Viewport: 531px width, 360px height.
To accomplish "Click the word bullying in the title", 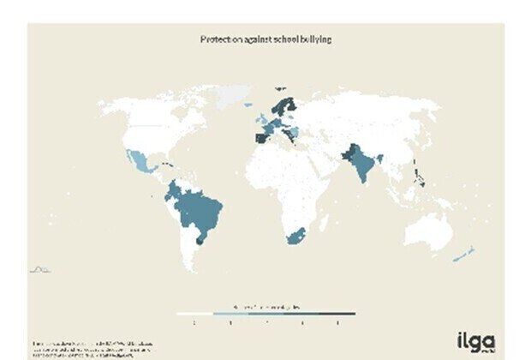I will [313, 39].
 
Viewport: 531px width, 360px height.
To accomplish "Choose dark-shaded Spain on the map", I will [260, 135].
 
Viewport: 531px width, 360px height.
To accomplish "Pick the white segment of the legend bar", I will [194, 314].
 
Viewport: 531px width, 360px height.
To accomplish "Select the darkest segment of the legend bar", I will [338, 314].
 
